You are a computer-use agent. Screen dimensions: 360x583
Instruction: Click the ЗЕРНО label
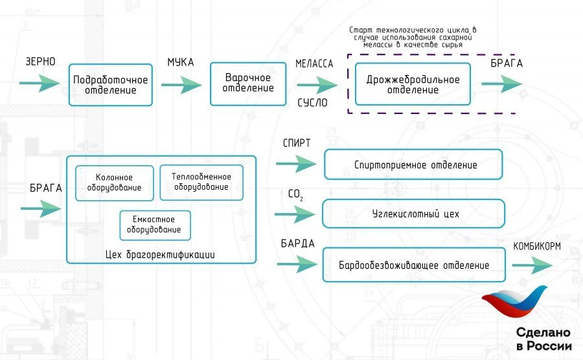tap(40, 62)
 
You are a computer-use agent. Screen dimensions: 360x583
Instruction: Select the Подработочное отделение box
tap(111, 85)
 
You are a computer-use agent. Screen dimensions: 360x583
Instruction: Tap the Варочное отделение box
tap(248, 84)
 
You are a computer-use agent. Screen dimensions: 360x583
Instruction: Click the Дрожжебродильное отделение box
tap(413, 84)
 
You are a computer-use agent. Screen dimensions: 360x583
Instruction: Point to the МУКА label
tap(181, 62)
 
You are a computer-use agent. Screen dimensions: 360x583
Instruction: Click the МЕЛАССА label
tap(314, 64)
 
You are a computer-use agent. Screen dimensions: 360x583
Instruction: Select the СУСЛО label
tap(313, 102)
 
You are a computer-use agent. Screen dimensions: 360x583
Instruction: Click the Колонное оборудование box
tap(115, 183)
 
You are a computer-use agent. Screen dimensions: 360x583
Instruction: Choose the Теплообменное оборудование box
tap(201, 182)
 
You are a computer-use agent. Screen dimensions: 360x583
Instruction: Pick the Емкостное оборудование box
tap(155, 225)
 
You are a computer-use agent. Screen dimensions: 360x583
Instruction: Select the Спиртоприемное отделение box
tap(413, 165)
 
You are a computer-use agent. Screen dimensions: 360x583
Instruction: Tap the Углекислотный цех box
tap(413, 213)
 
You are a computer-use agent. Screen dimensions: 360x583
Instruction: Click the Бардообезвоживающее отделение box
tap(413, 265)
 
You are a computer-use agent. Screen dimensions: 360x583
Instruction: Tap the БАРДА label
tap(297, 244)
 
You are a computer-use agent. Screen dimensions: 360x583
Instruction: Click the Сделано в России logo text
tap(543, 339)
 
